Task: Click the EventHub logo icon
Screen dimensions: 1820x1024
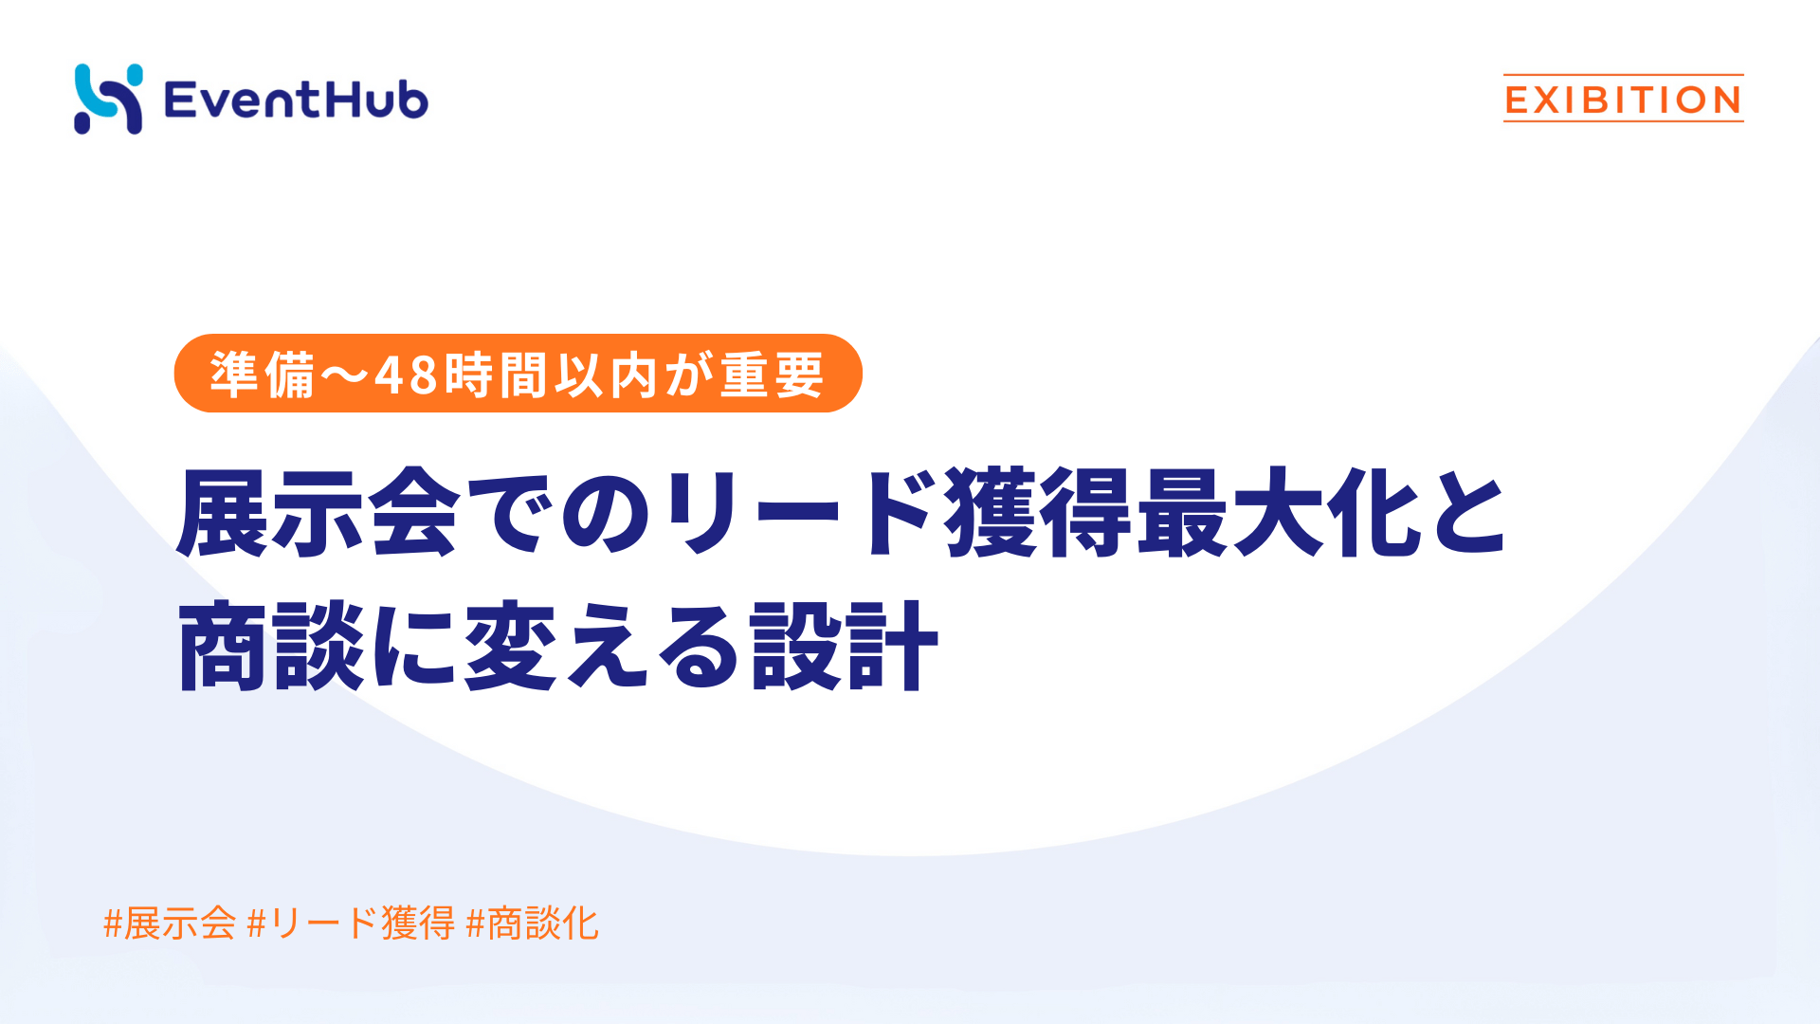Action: point(108,99)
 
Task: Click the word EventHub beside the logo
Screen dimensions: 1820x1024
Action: point(296,100)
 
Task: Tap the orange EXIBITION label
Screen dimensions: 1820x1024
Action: point(1623,100)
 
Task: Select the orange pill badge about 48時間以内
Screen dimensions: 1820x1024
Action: point(518,374)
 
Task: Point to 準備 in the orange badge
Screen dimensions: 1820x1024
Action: point(263,375)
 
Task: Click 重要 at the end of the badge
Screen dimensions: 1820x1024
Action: point(772,375)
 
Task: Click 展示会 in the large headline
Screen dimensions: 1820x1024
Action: point(318,512)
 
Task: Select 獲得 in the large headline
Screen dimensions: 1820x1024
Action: point(1039,512)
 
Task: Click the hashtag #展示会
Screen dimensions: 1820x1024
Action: point(170,923)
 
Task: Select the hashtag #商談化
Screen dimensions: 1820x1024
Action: point(533,923)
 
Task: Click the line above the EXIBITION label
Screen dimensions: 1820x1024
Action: point(1623,75)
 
